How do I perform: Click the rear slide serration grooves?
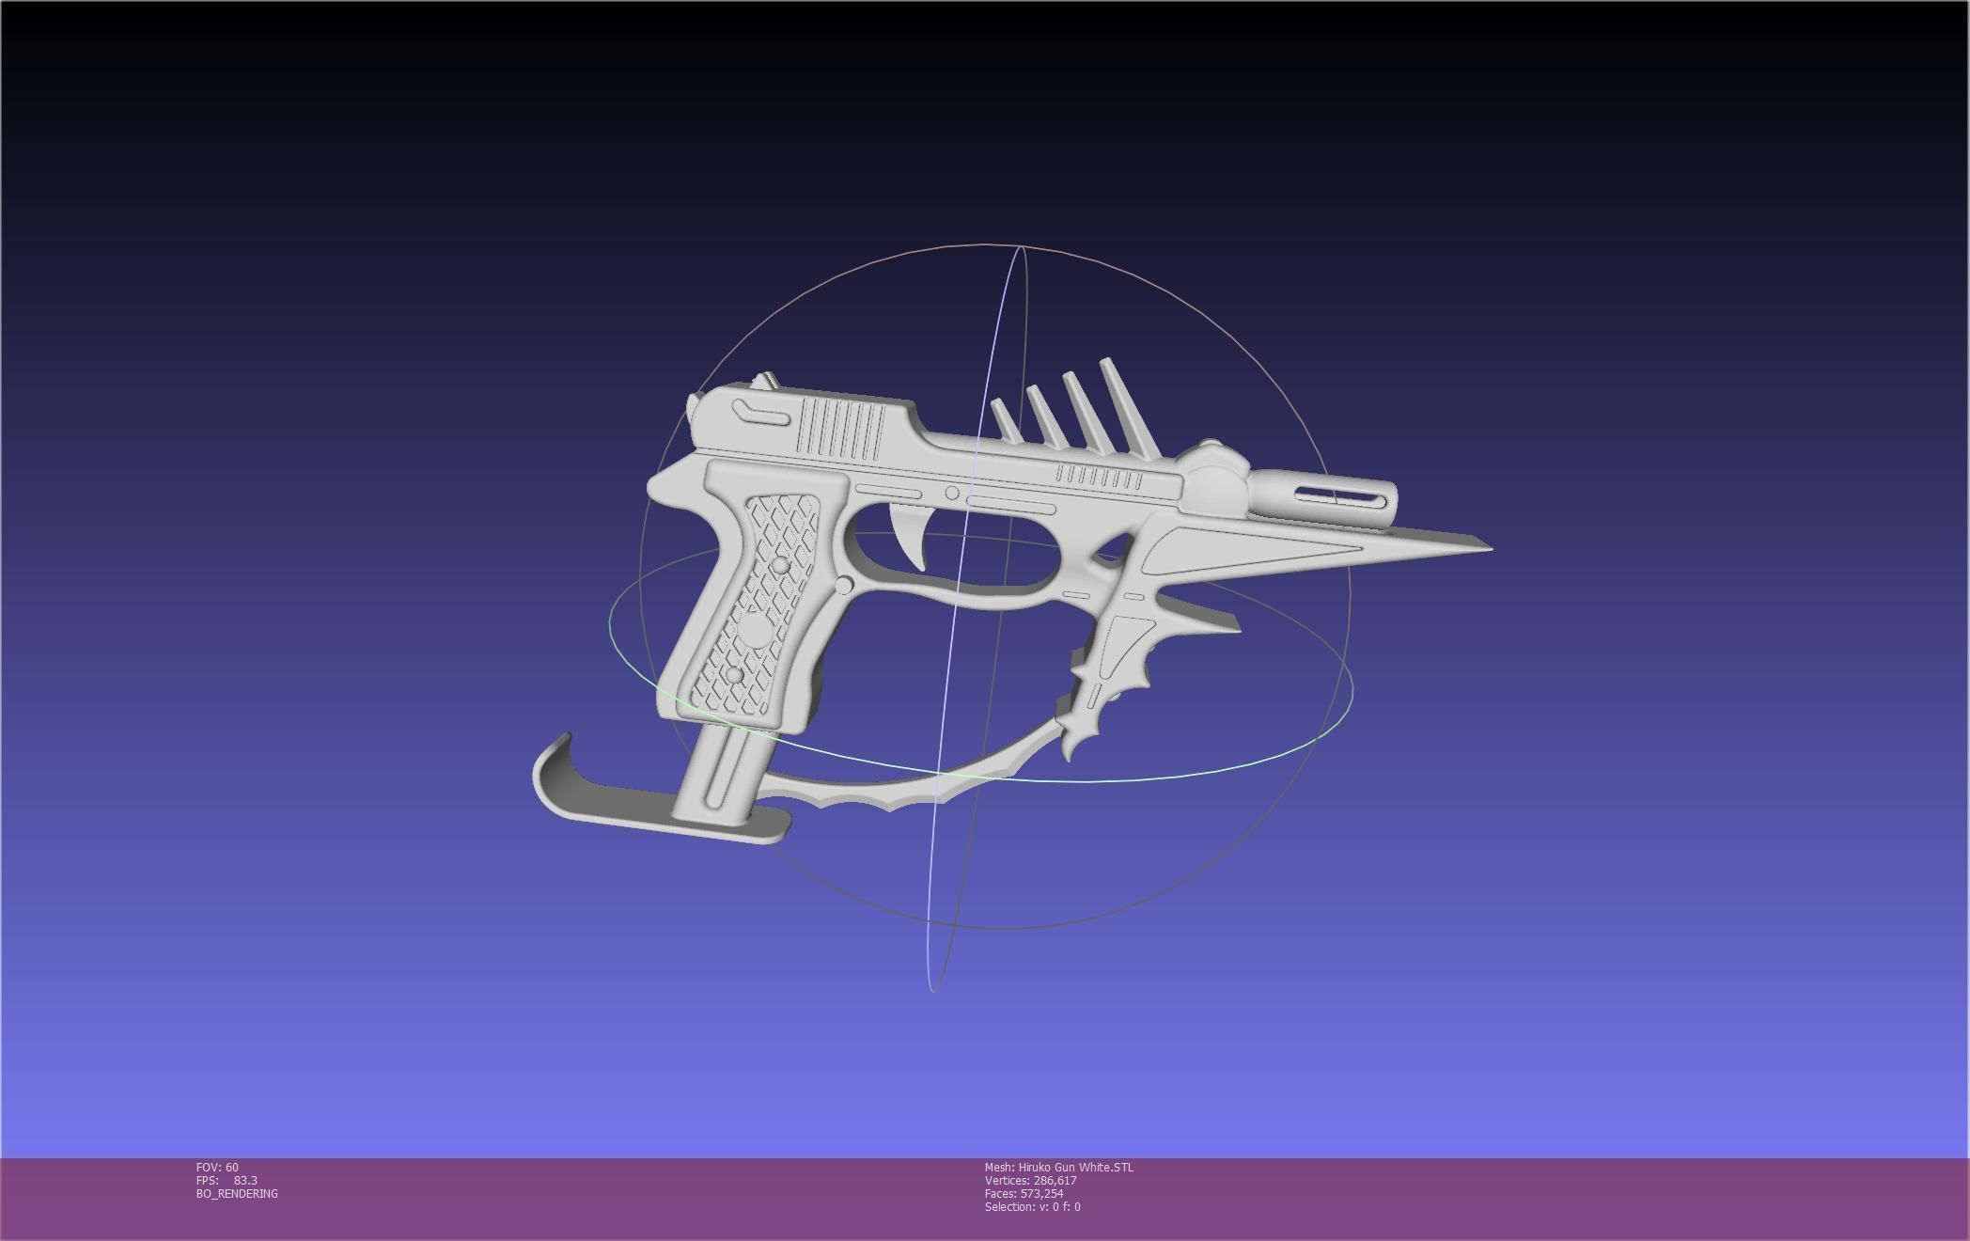[840, 429]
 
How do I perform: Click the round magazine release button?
[843, 586]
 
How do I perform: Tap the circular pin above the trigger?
[952, 494]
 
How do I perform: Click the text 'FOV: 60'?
[217, 1167]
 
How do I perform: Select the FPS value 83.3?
[244, 1180]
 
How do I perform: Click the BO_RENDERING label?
[237, 1193]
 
